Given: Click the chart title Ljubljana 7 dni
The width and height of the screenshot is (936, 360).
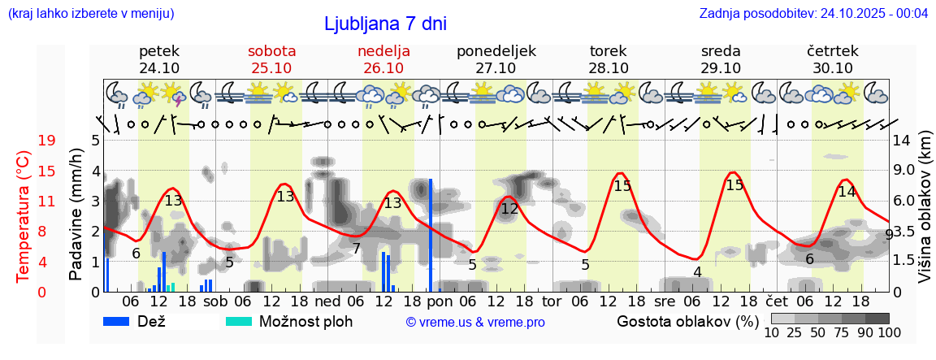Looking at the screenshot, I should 385,24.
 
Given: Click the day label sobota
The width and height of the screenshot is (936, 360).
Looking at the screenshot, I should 271,50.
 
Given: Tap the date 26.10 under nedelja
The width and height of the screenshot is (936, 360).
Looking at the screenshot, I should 383,67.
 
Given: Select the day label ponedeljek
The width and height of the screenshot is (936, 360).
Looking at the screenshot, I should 496,50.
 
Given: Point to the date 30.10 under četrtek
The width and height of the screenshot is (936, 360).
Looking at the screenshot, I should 833,67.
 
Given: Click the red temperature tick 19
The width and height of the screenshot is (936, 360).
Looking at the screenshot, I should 47,141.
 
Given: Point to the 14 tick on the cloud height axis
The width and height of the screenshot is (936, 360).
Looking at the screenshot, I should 901,141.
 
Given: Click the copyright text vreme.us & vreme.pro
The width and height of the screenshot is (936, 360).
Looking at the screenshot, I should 474,322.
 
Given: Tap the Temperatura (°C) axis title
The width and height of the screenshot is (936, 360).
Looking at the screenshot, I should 24,215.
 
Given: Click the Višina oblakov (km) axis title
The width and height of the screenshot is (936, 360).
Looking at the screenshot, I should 925,215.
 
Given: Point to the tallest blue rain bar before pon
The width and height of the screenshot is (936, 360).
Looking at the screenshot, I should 431,234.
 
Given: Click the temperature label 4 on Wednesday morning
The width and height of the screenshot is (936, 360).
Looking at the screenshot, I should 697,272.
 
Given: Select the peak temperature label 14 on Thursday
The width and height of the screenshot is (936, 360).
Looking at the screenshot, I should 847,191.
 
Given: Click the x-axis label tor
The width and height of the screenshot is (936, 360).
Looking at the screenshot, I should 552,301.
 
